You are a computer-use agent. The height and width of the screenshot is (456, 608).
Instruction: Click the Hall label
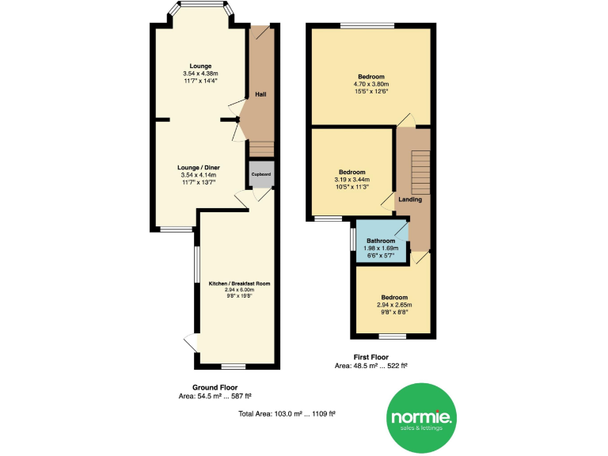pyautogui.click(x=260, y=95)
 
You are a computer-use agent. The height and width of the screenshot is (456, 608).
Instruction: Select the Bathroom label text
pyautogui.click(x=380, y=241)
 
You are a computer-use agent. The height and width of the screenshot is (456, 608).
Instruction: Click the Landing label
pyautogui.click(x=410, y=199)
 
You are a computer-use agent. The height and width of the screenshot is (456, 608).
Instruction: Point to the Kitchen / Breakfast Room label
pyautogui.click(x=240, y=283)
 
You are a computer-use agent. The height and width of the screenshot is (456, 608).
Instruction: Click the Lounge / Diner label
pyautogui.click(x=199, y=168)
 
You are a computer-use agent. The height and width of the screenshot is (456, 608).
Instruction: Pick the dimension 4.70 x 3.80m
pyautogui.click(x=370, y=84)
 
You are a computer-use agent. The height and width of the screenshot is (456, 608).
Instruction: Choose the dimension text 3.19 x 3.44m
pyautogui.click(x=352, y=180)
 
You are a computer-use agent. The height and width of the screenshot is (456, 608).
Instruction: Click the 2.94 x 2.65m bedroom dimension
pyautogui.click(x=395, y=305)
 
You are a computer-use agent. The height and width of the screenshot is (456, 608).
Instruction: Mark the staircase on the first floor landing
pyautogui.click(x=419, y=171)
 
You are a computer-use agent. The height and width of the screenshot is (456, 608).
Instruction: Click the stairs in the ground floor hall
pyautogui.click(x=260, y=149)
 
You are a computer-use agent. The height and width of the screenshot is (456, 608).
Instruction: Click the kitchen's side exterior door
pyautogui.click(x=190, y=344)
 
